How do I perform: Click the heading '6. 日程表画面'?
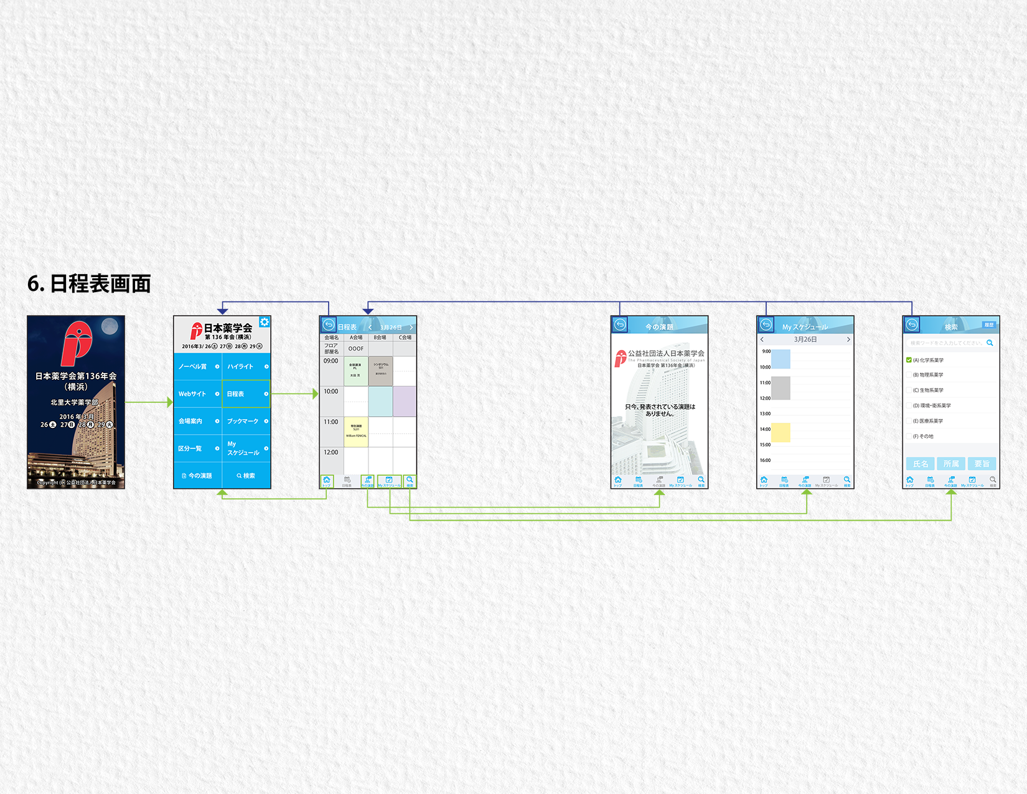[x=89, y=284]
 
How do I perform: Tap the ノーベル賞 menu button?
[x=197, y=367]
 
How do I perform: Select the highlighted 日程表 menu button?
[x=246, y=394]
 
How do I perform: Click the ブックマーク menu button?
[x=246, y=422]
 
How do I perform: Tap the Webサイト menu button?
[x=197, y=394]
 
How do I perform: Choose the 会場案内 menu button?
[x=197, y=422]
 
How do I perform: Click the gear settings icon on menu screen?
[x=265, y=322]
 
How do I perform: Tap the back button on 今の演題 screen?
[x=620, y=324]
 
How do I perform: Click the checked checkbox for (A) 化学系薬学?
[x=909, y=360]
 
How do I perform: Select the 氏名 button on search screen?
[x=920, y=464]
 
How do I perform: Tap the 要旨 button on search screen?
[x=982, y=464]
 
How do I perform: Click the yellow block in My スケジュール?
[x=781, y=432]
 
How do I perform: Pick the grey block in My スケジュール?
[x=781, y=388]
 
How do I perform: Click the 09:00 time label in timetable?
[x=331, y=361]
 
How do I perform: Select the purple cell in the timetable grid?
[x=405, y=401]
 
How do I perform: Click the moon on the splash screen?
[x=110, y=326]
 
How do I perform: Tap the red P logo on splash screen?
[x=76, y=343]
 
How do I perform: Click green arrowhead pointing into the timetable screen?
[x=315, y=394]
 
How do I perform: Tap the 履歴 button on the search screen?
[x=988, y=325]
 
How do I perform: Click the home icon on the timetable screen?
[x=327, y=481]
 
